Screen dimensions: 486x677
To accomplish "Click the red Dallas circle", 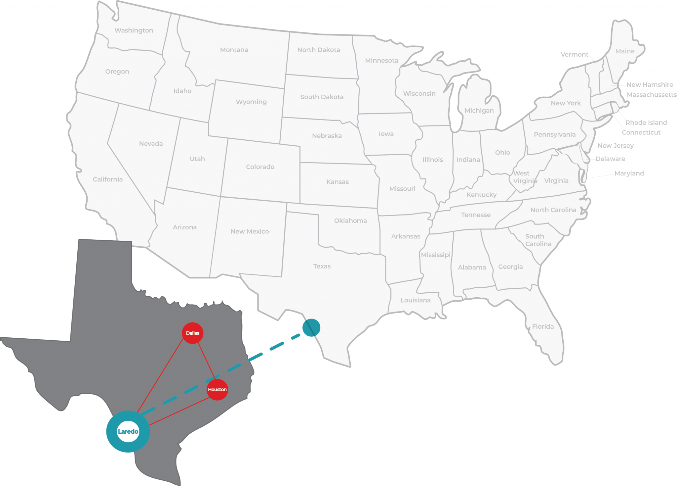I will [192, 333].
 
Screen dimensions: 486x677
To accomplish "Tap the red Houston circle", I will [217, 390].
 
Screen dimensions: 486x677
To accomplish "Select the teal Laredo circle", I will [128, 431].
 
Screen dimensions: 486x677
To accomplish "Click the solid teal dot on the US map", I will [311, 328].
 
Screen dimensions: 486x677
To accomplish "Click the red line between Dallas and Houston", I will [207, 361].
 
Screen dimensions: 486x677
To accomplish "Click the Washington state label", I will [134, 30].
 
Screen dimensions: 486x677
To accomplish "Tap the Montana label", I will [234, 50].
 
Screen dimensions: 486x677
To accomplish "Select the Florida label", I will [543, 327].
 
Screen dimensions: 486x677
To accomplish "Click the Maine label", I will [625, 51].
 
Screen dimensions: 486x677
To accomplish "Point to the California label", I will [108, 179].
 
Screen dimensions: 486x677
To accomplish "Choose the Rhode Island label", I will [646, 122].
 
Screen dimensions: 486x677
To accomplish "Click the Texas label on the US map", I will [322, 266].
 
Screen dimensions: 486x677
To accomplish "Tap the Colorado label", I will [260, 167].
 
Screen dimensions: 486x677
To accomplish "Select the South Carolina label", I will [538, 240].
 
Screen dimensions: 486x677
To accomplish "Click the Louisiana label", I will [416, 300].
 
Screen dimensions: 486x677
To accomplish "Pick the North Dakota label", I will [319, 50].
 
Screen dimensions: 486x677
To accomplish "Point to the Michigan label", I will [479, 111].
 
